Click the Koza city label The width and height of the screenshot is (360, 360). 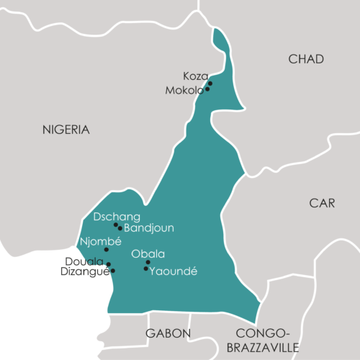pos(195,76)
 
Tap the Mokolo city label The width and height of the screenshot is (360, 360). pos(184,91)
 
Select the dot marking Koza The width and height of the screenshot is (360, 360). pos(210,84)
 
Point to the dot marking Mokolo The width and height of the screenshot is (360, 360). pos(207,89)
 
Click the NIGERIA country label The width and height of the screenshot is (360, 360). pos(66,130)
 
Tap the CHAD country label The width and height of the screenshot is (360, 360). pos(306,59)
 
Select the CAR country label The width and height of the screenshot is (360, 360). pos(322,203)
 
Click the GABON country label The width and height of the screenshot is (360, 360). pos(168,333)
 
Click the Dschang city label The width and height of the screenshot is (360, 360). pos(117,217)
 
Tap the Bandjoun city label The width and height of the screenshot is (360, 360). pos(149,228)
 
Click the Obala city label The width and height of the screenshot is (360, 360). pos(148,253)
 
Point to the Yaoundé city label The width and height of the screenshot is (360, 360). pos(172,271)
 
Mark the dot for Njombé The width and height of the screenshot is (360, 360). pos(107,250)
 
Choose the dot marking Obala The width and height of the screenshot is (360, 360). pos(148,262)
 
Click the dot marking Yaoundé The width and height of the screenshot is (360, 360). pos(146,269)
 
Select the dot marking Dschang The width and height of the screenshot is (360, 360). pos(116,225)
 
